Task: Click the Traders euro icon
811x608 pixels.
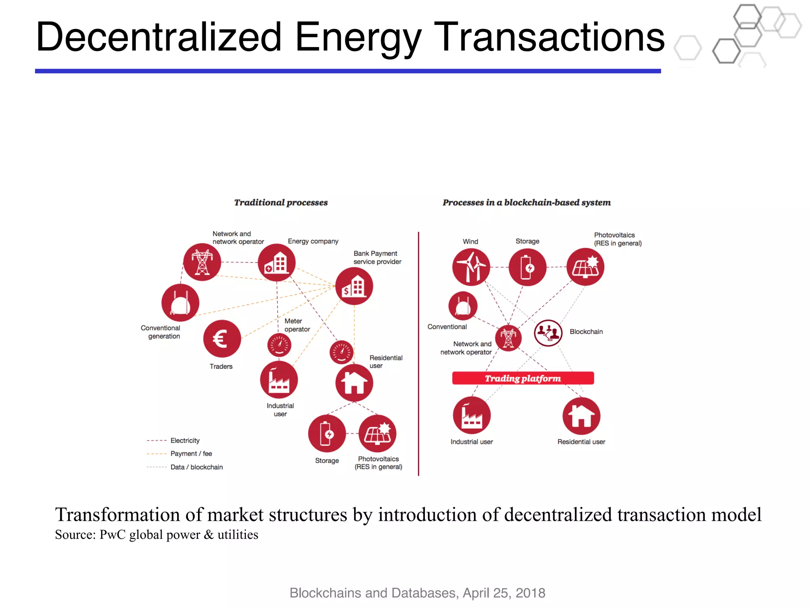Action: [222, 339]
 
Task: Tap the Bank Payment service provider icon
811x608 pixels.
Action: [354, 286]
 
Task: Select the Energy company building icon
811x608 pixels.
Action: [276, 262]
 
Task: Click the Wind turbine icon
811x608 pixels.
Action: [471, 267]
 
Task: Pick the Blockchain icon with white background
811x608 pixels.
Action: [548, 333]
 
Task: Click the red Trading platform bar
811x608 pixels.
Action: [523, 378]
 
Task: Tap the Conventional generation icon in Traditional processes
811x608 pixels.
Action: [180, 303]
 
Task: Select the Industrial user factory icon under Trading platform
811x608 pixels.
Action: [472, 416]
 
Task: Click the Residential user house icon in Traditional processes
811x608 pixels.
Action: [354, 383]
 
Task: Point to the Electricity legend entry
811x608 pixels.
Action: [185, 441]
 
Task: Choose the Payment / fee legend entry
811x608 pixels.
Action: [191, 454]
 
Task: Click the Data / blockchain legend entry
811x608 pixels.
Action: [196, 467]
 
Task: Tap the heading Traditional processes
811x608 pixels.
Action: [281, 203]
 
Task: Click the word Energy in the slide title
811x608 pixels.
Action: [358, 38]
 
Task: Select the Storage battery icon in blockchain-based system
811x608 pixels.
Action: [527, 267]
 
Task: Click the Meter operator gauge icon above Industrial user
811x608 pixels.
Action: [279, 345]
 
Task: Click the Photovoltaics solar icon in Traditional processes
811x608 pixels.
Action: [377, 434]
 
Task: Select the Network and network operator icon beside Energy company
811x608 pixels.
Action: [202, 262]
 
